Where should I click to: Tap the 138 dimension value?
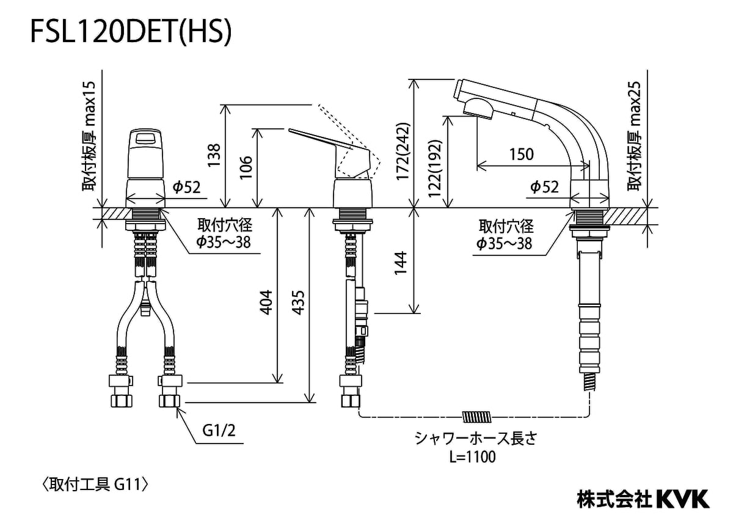pyautogui.click(x=215, y=155)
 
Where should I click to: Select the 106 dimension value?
pyautogui.click(x=246, y=167)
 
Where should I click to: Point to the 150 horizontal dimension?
pyautogui.click(x=522, y=154)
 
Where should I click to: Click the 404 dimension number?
pyautogui.click(x=266, y=302)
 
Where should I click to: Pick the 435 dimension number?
pyautogui.click(x=299, y=302)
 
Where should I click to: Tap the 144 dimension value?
pyautogui.click(x=400, y=263)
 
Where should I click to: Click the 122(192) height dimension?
pyautogui.click(x=435, y=169)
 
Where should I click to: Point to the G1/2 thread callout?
pyautogui.click(x=219, y=431)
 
